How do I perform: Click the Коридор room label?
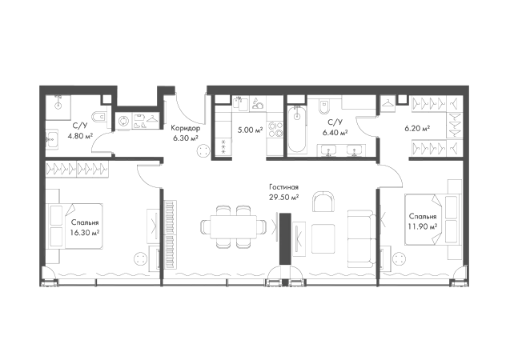tap(186, 128)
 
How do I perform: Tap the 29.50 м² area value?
tap(284, 198)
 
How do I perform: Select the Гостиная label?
tap(283, 187)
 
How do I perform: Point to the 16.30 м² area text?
tap(85, 233)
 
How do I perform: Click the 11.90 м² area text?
tap(423, 226)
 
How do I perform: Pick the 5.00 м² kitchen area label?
tap(250, 130)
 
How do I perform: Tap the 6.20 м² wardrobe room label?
tap(417, 129)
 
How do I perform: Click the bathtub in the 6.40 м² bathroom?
tap(296, 129)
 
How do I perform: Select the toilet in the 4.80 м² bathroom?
tap(99, 116)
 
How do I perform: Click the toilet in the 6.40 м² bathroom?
tap(324, 106)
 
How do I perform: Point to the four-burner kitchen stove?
tap(275, 129)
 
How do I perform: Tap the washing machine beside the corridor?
tap(123, 121)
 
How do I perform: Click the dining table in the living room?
tap(233, 226)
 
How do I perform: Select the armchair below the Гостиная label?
tap(323, 202)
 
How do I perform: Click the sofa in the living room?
tap(360, 239)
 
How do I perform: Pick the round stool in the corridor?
tap(203, 150)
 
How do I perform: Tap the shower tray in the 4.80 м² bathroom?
tap(58, 107)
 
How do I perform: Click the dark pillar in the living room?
tap(285, 238)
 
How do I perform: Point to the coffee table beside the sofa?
tap(323, 238)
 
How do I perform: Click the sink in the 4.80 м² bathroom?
tap(52, 140)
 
